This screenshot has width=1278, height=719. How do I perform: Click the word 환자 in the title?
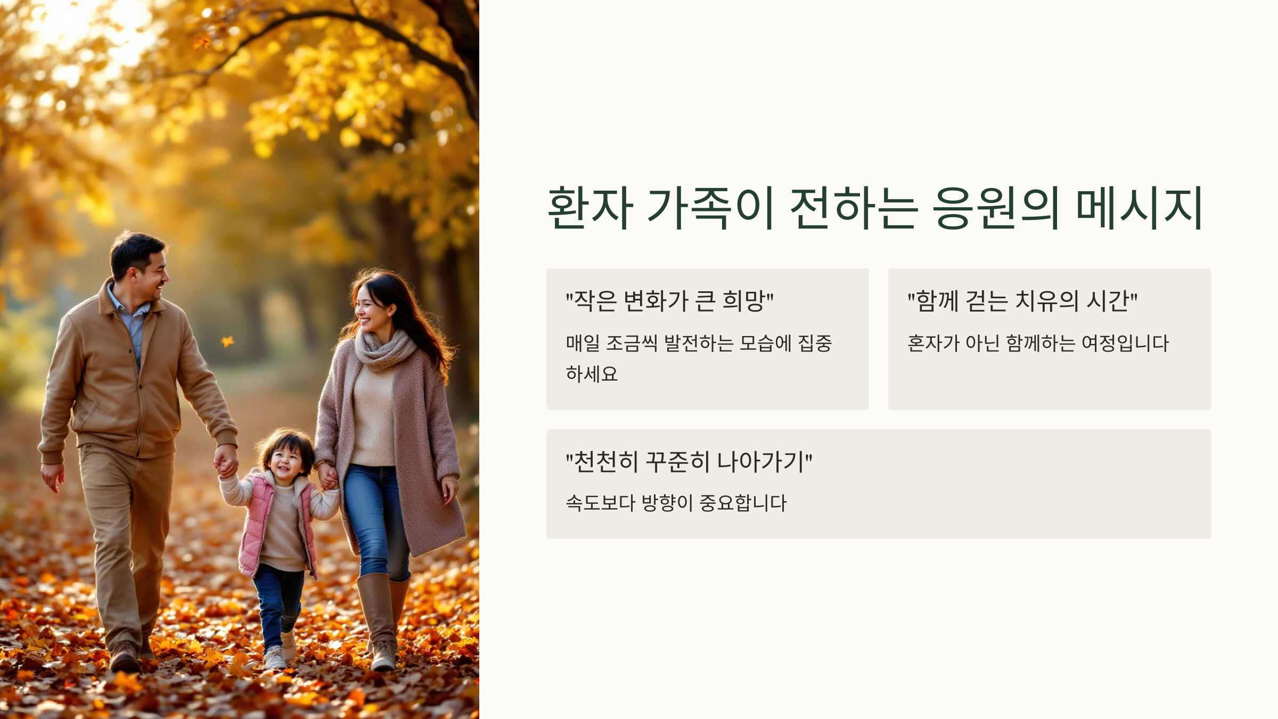coord(590,208)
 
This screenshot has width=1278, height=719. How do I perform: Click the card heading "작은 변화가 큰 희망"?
coord(669,301)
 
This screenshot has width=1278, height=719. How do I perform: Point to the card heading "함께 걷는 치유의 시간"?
coord(1022,301)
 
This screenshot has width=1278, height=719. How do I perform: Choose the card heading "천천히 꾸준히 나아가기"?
coord(689,462)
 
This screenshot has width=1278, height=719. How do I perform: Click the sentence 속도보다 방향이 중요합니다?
coord(676,503)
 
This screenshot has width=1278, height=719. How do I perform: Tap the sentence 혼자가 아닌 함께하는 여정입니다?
coord(1038,343)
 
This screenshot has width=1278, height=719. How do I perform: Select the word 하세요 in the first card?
coord(592,374)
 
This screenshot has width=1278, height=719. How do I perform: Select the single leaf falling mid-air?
coord(228,341)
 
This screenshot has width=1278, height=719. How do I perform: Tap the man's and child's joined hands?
coord(226,464)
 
